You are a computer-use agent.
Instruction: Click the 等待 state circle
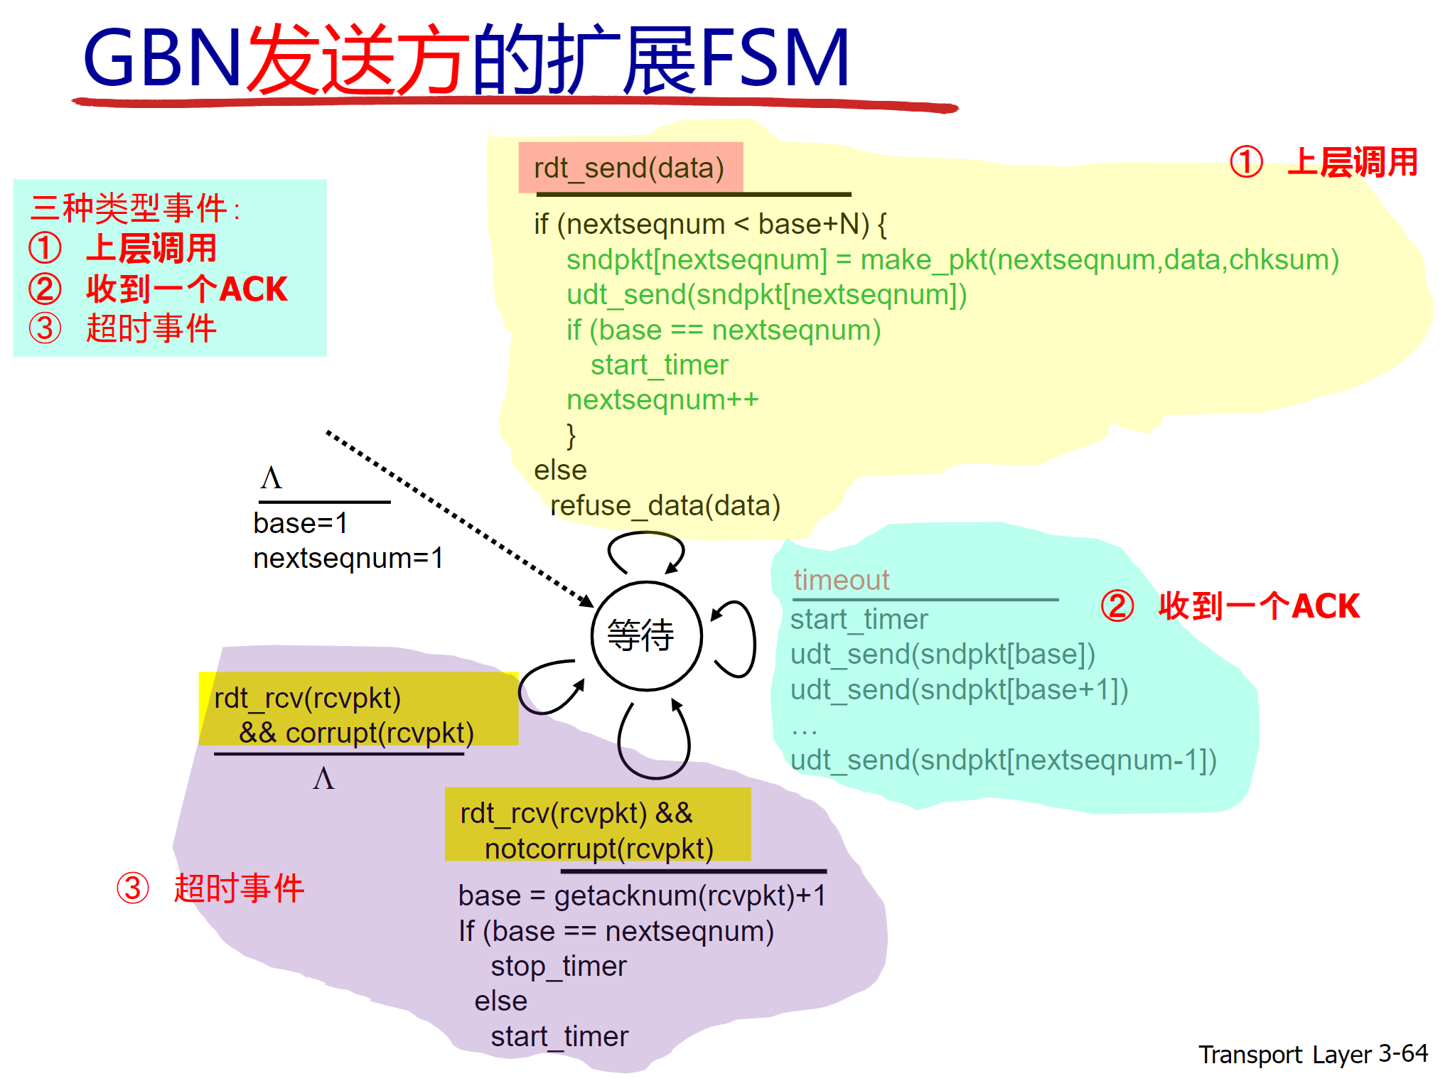646,635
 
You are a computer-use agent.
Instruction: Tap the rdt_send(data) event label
629,168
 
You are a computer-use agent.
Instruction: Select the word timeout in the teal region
841,580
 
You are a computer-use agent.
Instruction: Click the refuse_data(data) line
665,506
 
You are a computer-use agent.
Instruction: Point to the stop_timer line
558,967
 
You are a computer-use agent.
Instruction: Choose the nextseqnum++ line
662,400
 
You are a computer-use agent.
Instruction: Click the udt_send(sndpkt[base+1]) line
959,689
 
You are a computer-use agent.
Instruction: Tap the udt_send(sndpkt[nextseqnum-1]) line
1003,760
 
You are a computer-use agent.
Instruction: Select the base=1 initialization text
300,524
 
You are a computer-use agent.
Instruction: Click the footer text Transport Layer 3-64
1312,1054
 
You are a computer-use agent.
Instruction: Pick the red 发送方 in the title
359,60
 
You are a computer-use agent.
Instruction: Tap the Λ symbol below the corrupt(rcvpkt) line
323,779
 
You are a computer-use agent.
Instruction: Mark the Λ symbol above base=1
271,478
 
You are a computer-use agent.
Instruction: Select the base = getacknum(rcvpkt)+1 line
642,896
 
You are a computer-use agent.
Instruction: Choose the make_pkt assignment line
952,260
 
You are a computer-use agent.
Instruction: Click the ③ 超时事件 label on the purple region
211,888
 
